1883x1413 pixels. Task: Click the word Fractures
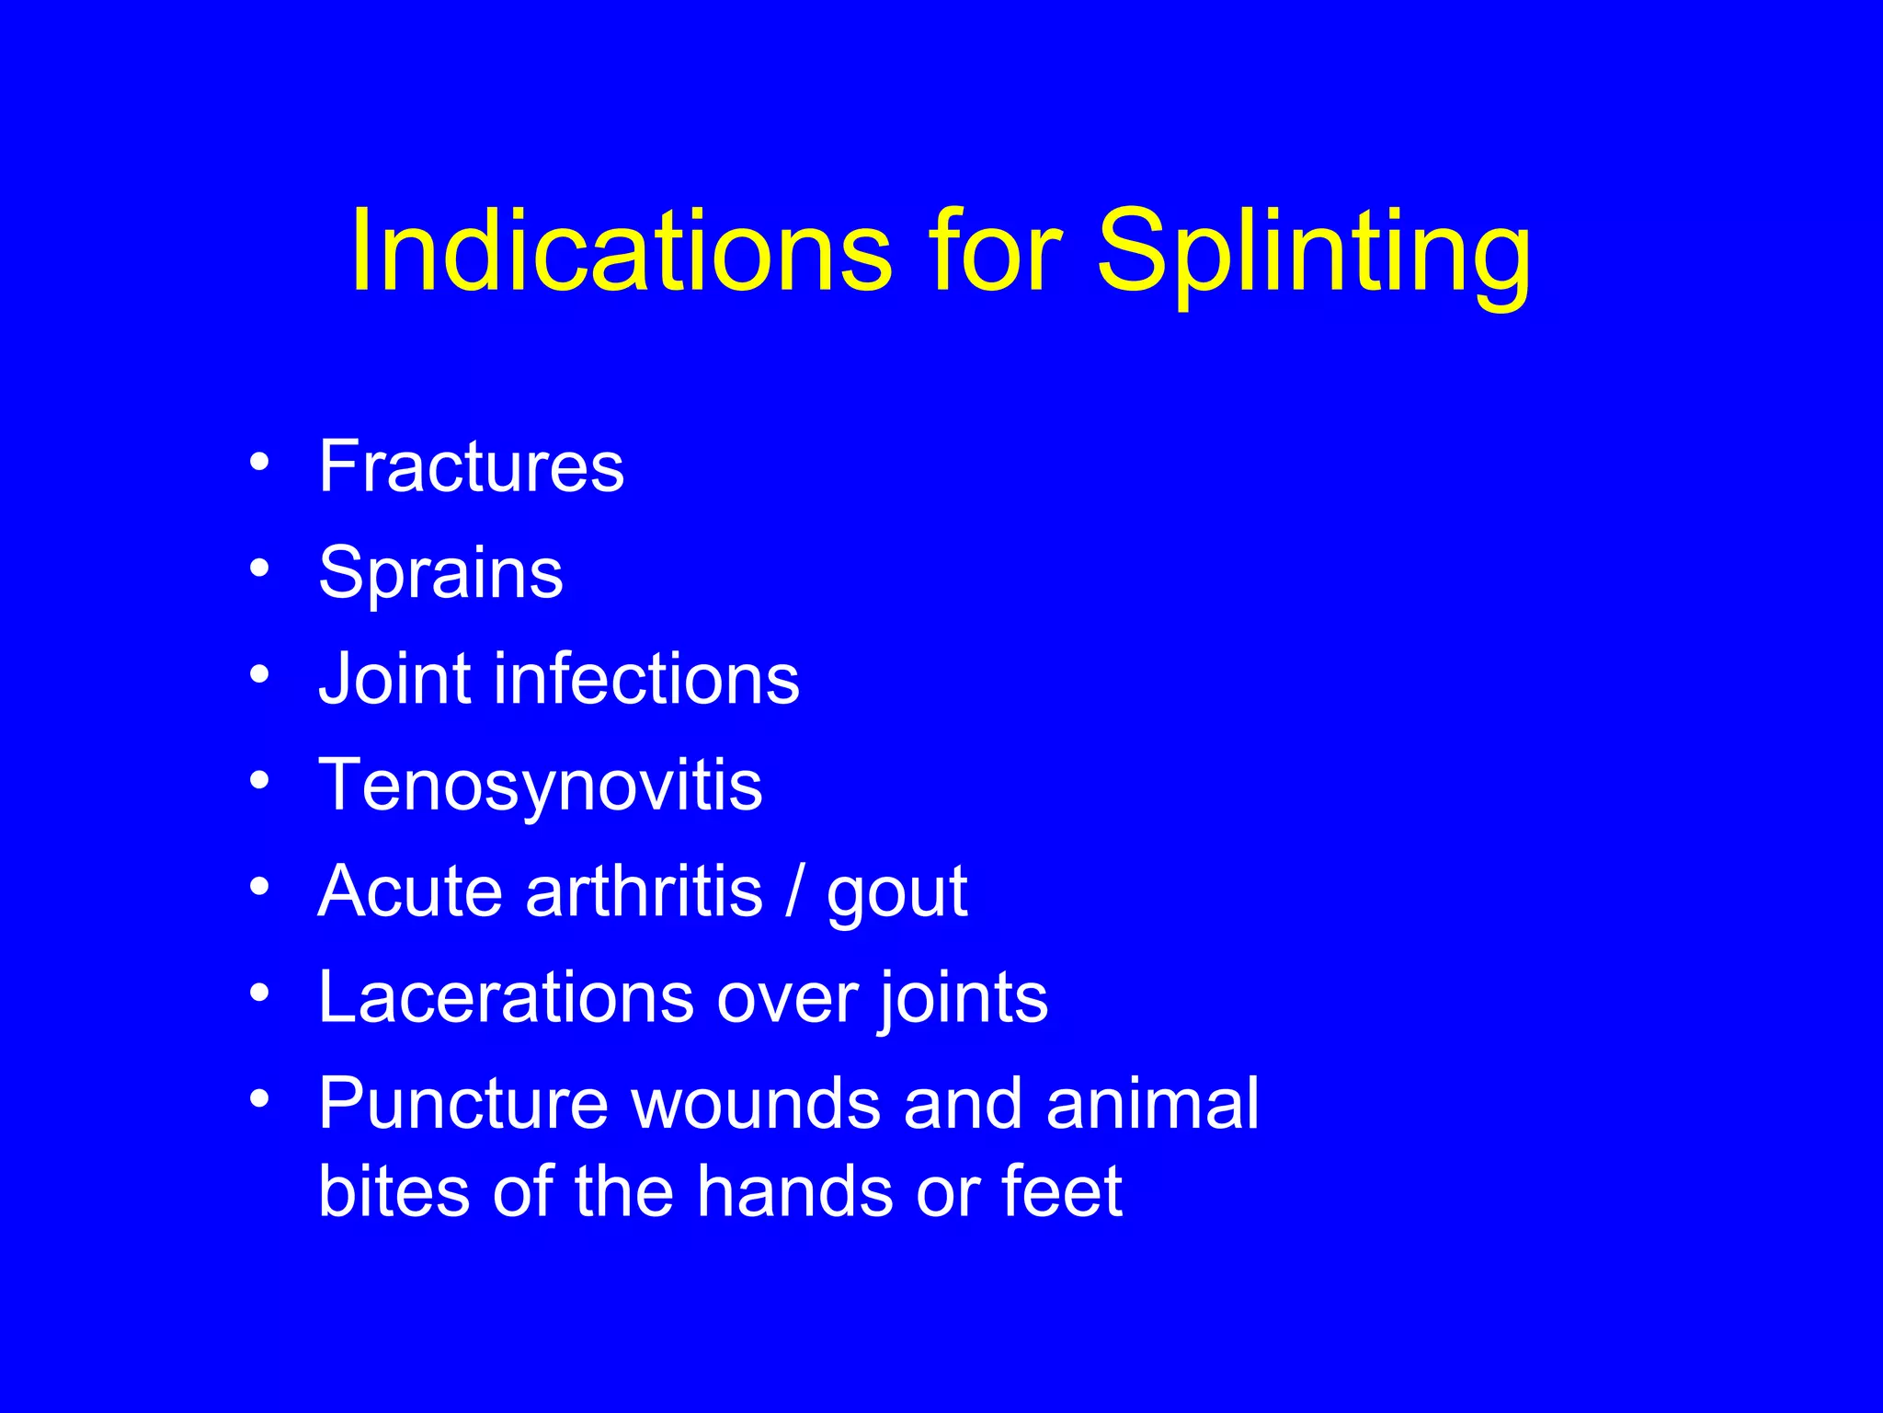471,466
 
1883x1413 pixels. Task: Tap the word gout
896,892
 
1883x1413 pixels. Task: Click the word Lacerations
505,997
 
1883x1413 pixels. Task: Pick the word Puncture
462,1103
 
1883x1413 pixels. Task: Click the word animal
1152,1103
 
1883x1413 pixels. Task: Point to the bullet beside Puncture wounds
259,1098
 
